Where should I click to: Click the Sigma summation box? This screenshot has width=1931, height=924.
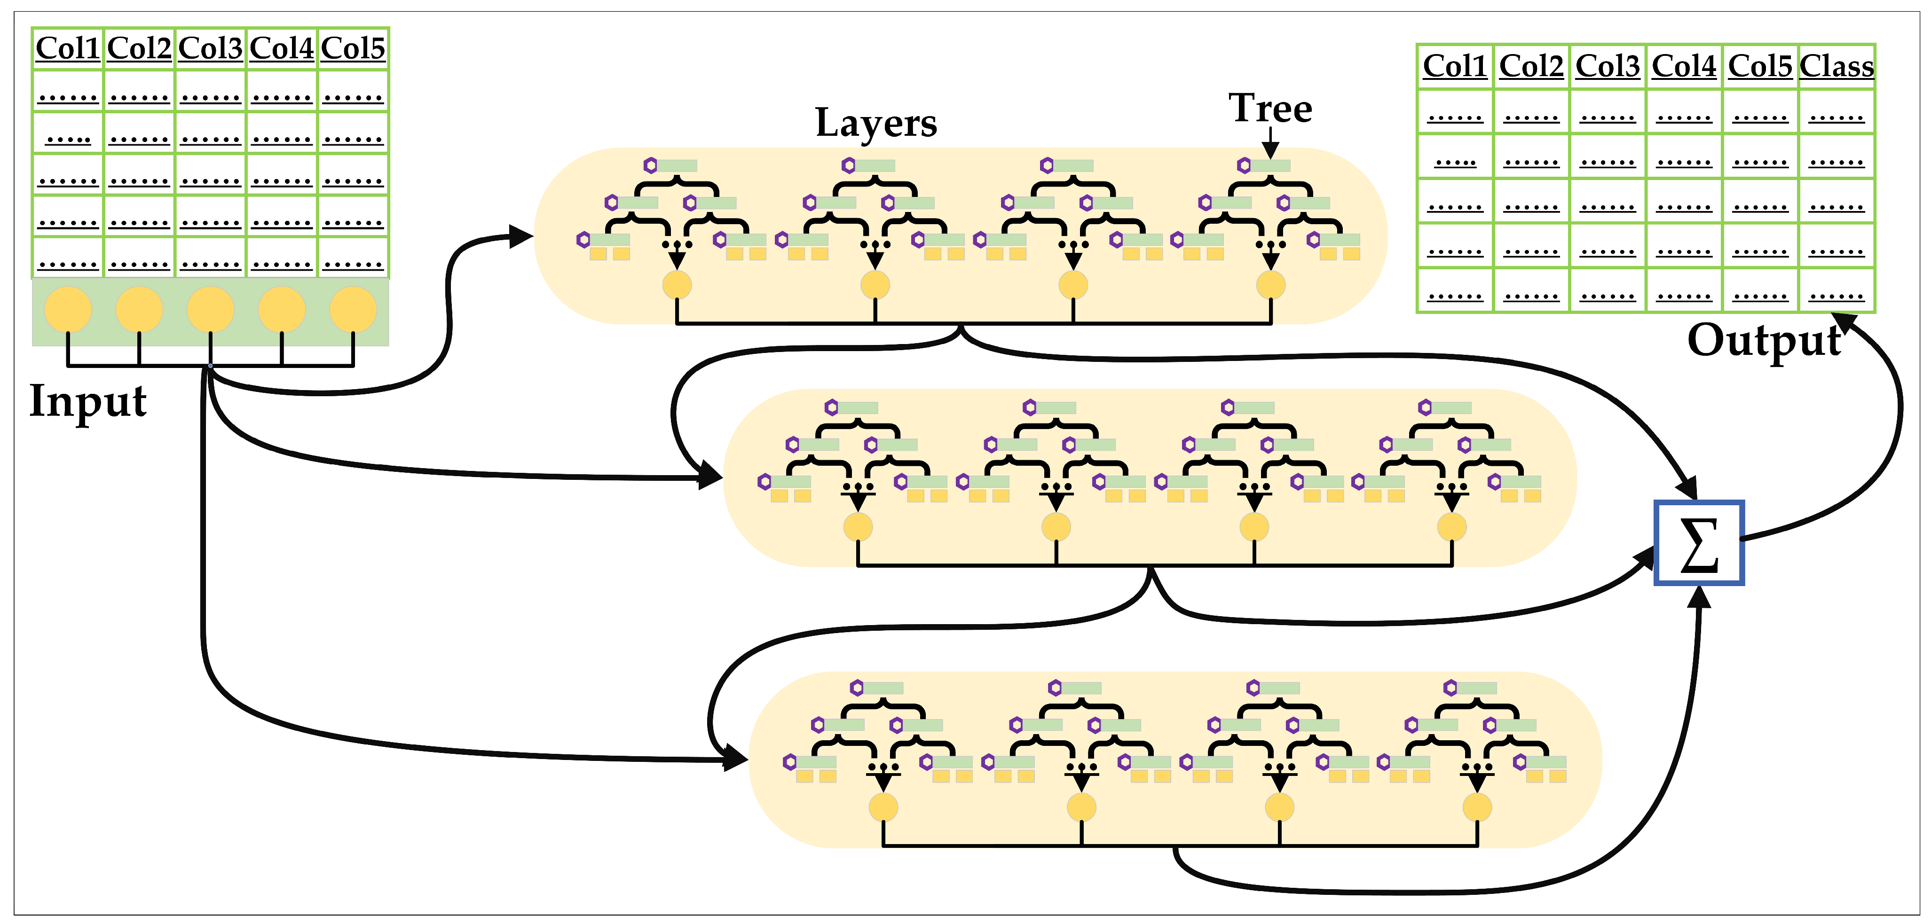tap(1699, 542)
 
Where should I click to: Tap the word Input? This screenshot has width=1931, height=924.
tap(88, 401)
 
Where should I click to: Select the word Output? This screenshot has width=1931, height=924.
tap(1764, 341)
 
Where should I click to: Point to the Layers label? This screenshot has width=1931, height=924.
tap(875, 123)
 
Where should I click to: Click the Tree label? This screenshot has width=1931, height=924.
tap(1270, 109)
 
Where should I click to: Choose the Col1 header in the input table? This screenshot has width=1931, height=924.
tap(67, 49)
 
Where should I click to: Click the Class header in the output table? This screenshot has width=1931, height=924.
tap(1836, 67)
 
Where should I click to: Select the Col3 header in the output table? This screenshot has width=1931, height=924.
tap(1607, 67)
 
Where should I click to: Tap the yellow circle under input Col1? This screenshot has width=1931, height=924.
tap(68, 309)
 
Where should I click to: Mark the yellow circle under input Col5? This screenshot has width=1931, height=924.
tap(353, 309)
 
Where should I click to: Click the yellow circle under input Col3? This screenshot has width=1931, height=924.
tap(211, 309)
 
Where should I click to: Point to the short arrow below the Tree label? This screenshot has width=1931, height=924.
tap(1270, 142)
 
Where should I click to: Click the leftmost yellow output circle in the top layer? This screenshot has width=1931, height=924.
tap(677, 285)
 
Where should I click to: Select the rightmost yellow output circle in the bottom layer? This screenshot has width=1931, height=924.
tap(1477, 807)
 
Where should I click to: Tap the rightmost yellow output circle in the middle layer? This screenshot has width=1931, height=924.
tap(1452, 527)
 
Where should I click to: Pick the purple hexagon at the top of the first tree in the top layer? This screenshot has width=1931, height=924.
tap(650, 165)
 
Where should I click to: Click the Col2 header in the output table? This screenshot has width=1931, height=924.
tap(1531, 67)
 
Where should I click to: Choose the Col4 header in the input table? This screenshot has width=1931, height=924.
tap(282, 49)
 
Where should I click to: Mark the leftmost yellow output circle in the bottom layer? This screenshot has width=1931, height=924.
tap(883, 807)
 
